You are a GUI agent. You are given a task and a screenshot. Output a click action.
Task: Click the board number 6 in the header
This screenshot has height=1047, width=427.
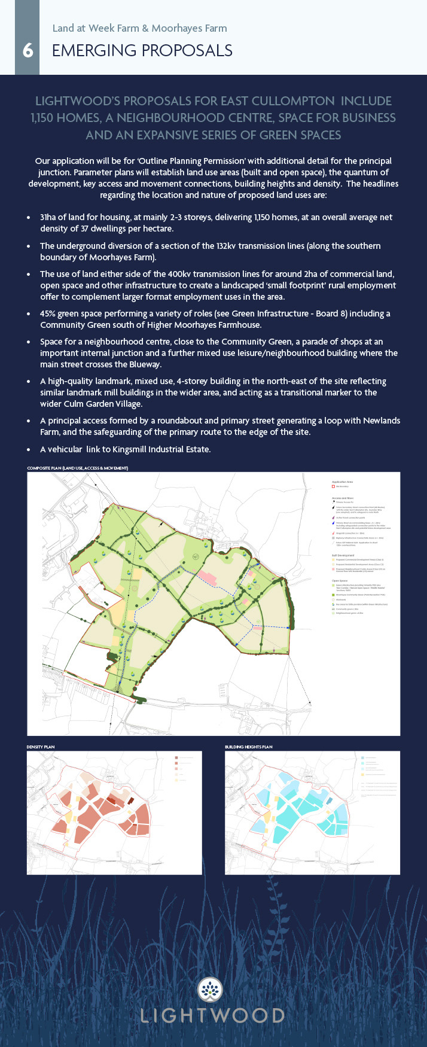pyautogui.click(x=28, y=51)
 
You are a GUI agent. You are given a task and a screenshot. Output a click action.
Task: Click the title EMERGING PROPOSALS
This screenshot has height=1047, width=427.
pyautogui.click(x=142, y=51)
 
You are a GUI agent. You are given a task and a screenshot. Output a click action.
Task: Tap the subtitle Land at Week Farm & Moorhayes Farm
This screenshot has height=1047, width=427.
pyautogui.click(x=139, y=28)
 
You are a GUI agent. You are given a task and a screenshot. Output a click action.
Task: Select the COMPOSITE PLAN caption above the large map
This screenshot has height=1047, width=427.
pyautogui.click(x=77, y=468)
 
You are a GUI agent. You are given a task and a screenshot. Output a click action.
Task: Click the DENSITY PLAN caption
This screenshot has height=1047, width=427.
pyautogui.click(x=41, y=747)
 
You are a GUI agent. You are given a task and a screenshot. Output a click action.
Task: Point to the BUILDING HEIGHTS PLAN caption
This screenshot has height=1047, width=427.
pyautogui.click(x=248, y=747)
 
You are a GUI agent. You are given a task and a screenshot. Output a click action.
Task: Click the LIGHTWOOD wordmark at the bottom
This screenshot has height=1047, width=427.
pyautogui.click(x=212, y=1015)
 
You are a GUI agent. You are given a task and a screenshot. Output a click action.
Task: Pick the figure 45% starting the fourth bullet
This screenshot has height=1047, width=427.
pyautogui.click(x=50, y=314)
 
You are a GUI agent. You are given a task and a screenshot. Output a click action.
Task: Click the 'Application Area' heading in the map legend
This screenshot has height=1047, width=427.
pyautogui.click(x=342, y=482)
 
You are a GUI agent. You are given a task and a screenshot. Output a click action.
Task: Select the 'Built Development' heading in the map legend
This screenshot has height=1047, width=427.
pyautogui.click(x=343, y=555)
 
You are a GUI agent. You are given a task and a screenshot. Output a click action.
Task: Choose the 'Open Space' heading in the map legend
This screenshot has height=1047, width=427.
pyautogui.click(x=339, y=580)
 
